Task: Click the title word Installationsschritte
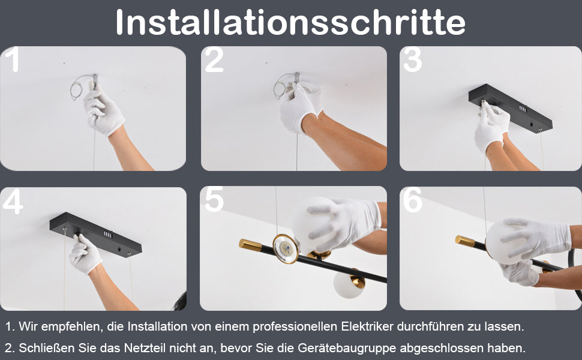pos(290,22)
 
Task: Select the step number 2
pos(214,59)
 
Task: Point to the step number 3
pos(412,59)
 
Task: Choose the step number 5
pos(214,199)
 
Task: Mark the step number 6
pos(413,200)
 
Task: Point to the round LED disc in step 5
pos(286,248)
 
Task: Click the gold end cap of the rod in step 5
pos(251,245)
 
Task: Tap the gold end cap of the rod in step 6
pos(465,241)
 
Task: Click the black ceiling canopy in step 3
pos(510,109)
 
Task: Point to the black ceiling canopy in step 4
pos(95,235)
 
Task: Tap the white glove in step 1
pos(103,110)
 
